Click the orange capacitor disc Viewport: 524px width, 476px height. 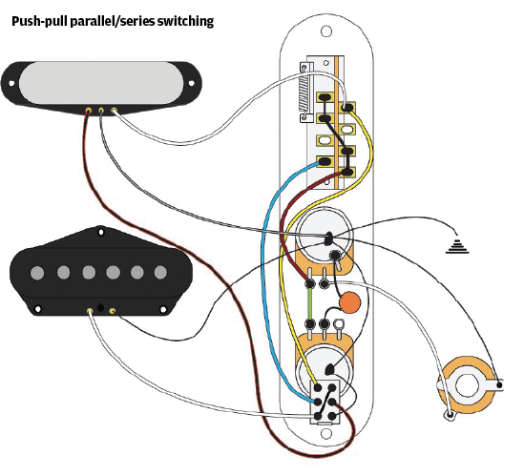pos(350,302)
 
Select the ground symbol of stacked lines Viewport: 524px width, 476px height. pos(457,246)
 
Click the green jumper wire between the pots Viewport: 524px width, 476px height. pos(310,304)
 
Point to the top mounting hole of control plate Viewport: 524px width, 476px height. pos(326,31)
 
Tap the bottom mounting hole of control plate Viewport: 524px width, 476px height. pos(326,434)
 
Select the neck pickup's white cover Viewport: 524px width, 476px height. pos(101,83)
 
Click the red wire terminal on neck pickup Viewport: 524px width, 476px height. pos(89,111)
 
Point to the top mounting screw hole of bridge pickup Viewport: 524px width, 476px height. pos(100,232)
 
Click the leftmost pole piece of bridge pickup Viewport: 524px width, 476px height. pos(37,273)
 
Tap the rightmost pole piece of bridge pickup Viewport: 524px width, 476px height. pos(160,273)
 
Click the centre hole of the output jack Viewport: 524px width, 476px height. pos(467,384)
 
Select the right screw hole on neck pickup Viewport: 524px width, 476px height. pos(192,83)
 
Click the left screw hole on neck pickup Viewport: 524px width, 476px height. pos(11,83)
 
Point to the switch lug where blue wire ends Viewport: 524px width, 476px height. pos(324,162)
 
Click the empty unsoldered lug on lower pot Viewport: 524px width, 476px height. pos(339,323)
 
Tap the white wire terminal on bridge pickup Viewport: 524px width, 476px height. pos(90,311)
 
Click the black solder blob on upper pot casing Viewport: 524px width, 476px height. pos(328,238)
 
